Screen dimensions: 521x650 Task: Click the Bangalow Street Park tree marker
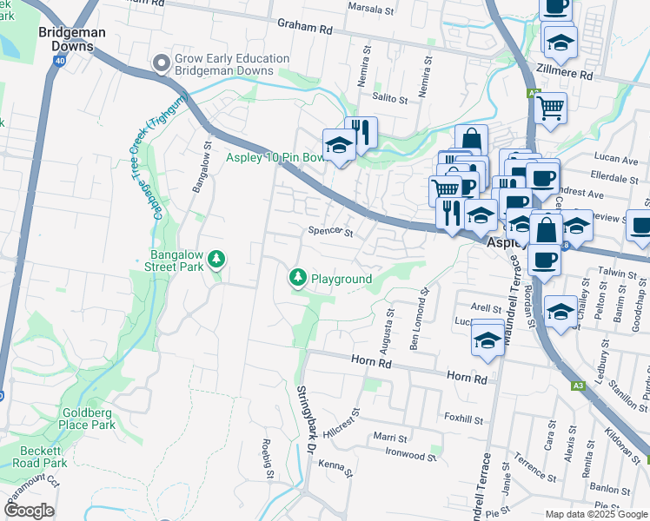point(216,260)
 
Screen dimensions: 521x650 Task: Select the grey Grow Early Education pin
point(161,63)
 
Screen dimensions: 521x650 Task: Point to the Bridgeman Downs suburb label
point(72,38)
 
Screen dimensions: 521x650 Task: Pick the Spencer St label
point(331,232)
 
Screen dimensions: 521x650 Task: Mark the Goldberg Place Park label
point(89,419)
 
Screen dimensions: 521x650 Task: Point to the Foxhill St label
point(462,419)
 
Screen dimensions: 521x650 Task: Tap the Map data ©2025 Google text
point(595,514)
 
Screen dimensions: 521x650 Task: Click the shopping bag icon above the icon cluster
point(471,140)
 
